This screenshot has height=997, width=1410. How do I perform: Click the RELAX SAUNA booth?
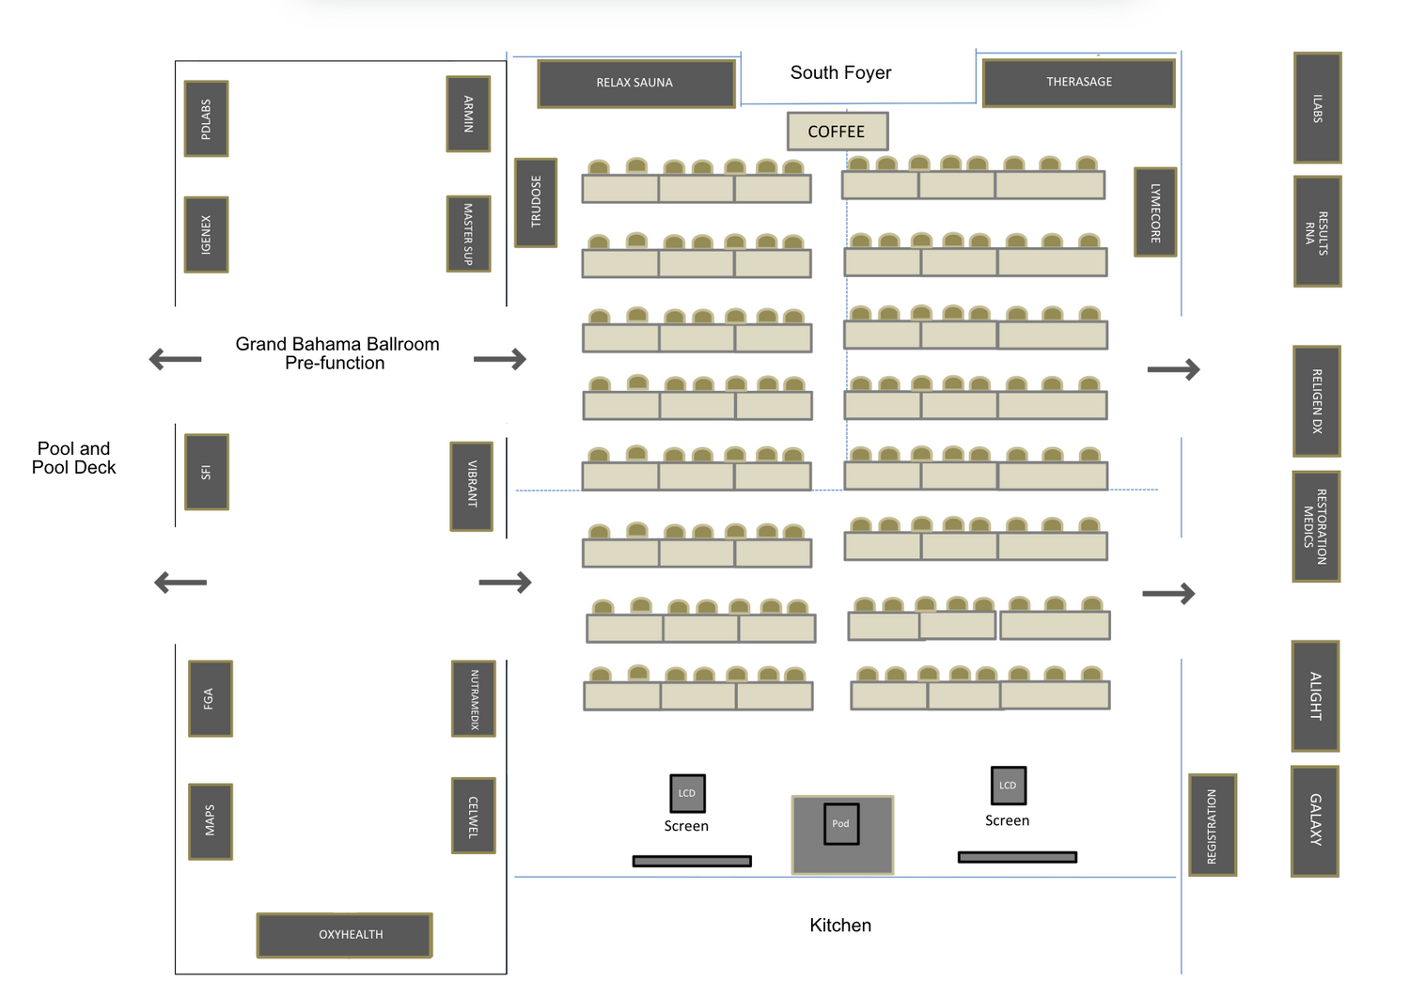[x=635, y=84]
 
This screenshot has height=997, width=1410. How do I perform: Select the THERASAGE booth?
[x=1078, y=83]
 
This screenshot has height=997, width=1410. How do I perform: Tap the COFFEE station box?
[x=837, y=132]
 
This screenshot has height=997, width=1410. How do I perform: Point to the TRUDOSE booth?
[x=536, y=202]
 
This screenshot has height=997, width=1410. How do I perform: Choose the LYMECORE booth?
[x=1155, y=212]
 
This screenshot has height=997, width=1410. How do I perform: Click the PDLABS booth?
[x=206, y=119]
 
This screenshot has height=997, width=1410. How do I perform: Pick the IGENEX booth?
[x=206, y=235]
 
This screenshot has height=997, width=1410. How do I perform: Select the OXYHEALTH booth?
[x=345, y=935]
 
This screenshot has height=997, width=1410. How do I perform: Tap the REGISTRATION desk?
[x=1212, y=826]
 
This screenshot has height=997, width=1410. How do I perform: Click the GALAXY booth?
[x=1315, y=821]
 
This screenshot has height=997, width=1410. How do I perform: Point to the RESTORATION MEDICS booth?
[x=1316, y=526]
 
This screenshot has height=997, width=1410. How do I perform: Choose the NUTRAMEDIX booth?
[x=474, y=699]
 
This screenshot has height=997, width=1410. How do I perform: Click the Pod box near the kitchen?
[x=841, y=824]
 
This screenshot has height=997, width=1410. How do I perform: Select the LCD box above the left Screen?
[x=687, y=793]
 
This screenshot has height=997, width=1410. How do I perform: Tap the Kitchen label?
[x=840, y=926]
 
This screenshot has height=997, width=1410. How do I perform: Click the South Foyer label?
[x=840, y=73]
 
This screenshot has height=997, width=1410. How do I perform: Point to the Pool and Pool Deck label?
[x=74, y=458]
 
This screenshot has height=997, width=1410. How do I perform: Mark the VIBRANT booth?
[x=472, y=486]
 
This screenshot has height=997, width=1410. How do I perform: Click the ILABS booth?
[x=1317, y=108]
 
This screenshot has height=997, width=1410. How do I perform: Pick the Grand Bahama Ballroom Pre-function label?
[x=337, y=353]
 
